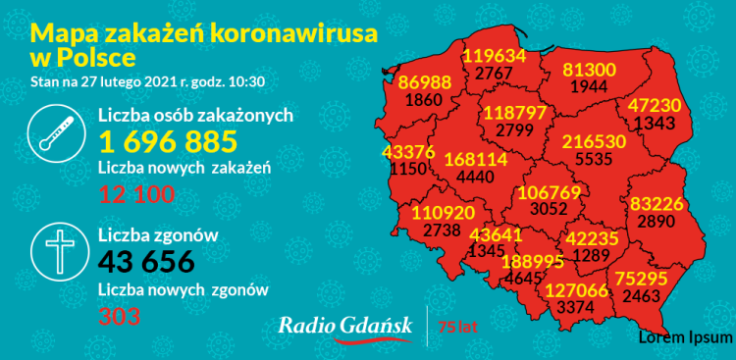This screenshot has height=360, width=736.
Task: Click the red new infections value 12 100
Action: coord(136,194)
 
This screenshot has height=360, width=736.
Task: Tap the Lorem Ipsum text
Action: coord(685,337)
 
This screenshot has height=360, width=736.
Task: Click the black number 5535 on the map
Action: coord(593,157)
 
